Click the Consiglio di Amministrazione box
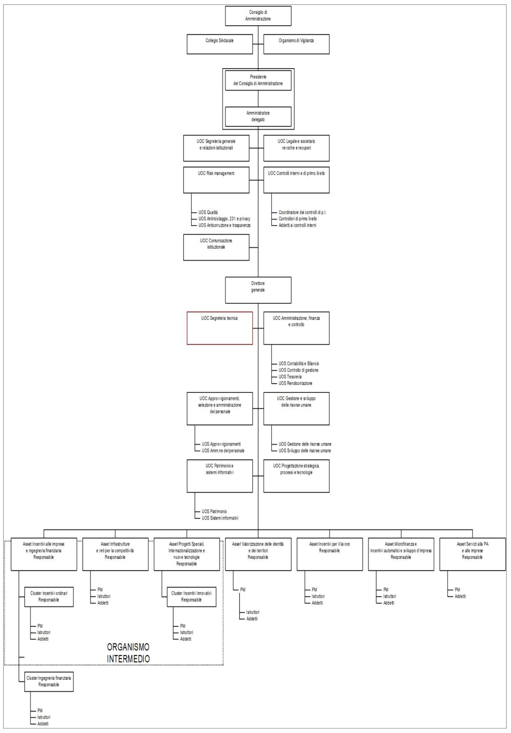(x=258, y=16)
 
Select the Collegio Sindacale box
(x=219, y=44)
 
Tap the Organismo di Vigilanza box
(x=296, y=44)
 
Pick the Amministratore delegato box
(x=258, y=116)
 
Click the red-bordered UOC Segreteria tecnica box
(x=220, y=328)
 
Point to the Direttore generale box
(x=258, y=290)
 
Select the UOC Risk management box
(x=216, y=180)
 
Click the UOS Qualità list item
(x=208, y=212)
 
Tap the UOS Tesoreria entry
(x=290, y=377)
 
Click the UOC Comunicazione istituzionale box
(x=216, y=247)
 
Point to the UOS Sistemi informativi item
(x=220, y=518)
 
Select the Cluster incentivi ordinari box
(x=49, y=597)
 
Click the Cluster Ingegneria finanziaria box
(x=49, y=682)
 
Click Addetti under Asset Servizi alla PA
(x=460, y=596)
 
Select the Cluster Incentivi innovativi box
(x=191, y=597)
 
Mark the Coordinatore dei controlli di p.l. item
(x=302, y=212)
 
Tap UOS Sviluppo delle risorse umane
(x=304, y=451)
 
